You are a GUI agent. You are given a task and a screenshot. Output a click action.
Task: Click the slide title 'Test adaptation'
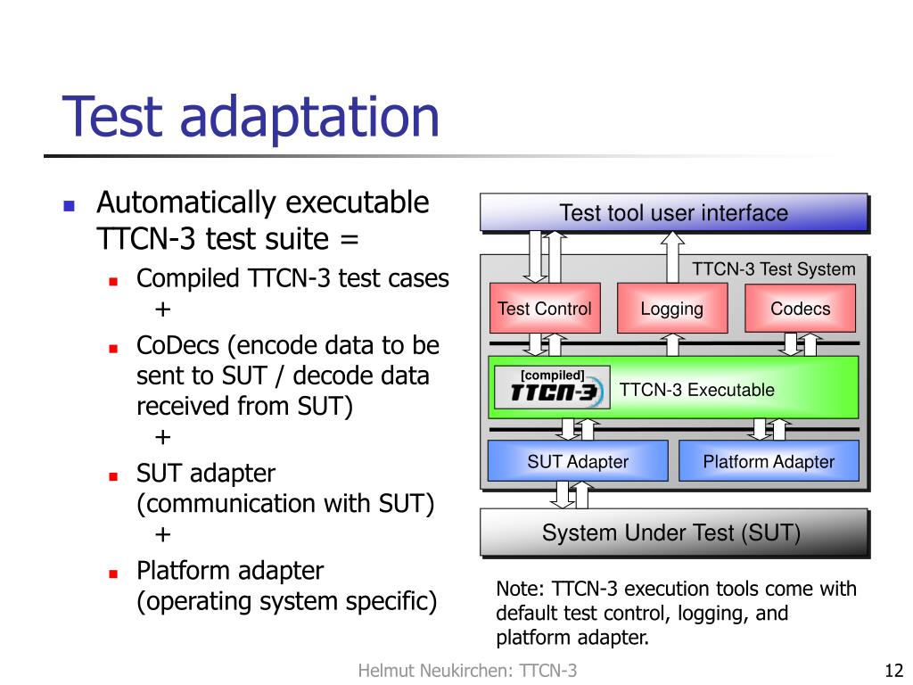click(251, 117)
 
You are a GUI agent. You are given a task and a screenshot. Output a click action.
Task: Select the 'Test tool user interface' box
click(673, 213)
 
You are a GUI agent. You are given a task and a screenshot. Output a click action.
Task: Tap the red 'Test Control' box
click(544, 309)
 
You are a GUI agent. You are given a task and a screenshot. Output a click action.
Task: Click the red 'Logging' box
click(671, 309)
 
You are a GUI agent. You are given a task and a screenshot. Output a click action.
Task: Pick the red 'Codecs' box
click(800, 309)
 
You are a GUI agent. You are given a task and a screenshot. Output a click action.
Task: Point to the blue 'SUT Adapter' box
click(577, 461)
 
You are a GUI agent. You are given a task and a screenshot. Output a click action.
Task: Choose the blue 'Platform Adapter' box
click(768, 461)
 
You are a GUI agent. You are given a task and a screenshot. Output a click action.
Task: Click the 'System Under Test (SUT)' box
click(673, 533)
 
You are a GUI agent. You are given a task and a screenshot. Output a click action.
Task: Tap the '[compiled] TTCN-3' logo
click(553, 388)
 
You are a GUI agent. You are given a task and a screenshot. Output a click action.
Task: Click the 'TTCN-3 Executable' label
click(696, 390)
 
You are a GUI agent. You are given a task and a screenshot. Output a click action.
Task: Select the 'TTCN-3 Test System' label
click(773, 269)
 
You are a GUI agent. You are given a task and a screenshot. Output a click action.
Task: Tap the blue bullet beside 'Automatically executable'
click(70, 204)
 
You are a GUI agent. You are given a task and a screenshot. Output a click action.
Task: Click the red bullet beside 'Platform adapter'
click(113, 572)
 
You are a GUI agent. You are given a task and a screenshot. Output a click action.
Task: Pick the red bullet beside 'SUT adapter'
click(113, 475)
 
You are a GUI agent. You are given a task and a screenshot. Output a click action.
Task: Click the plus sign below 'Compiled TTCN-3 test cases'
click(162, 310)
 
